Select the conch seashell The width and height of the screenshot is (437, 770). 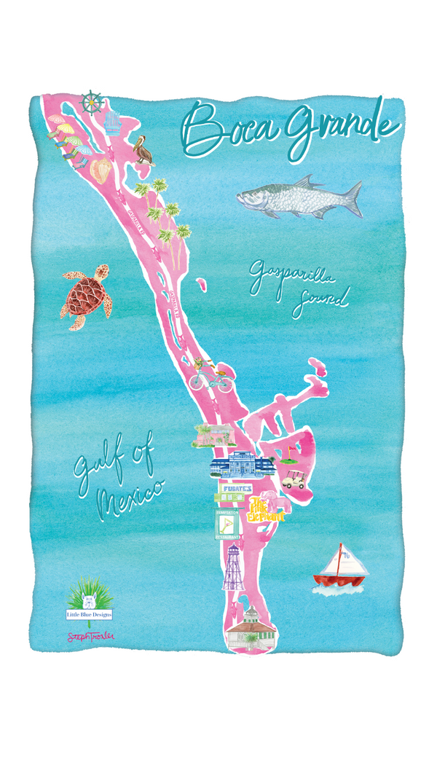(100, 170)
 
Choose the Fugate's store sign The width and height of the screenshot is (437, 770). (232, 488)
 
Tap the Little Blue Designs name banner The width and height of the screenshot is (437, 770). (88, 614)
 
